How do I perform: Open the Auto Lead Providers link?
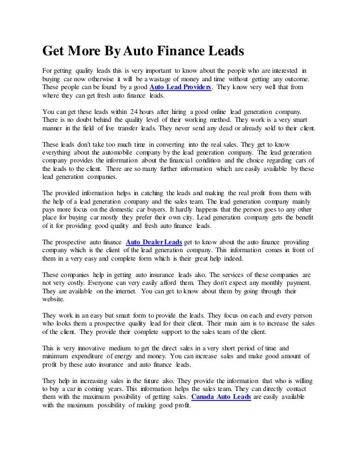coord(180,89)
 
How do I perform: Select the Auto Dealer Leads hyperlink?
coord(153,242)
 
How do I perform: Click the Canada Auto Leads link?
coord(221,398)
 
